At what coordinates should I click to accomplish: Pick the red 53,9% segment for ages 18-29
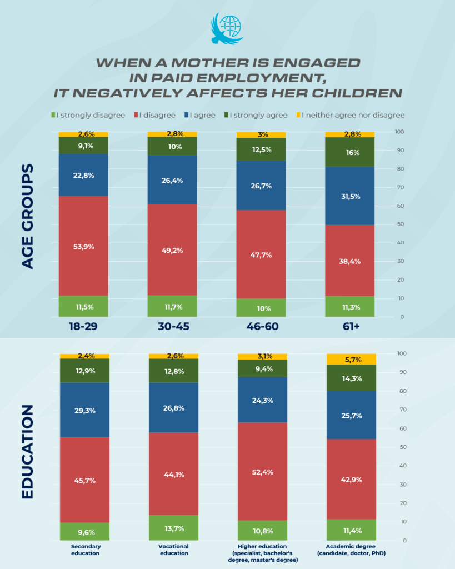tap(83, 246)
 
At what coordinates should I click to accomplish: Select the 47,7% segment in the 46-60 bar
tap(261, 254)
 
